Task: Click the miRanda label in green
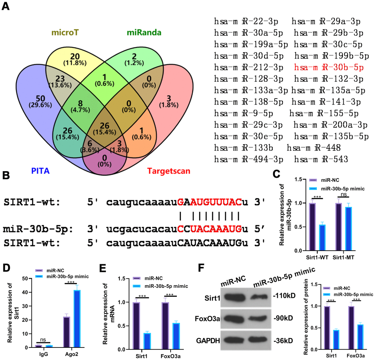(144, 33)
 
